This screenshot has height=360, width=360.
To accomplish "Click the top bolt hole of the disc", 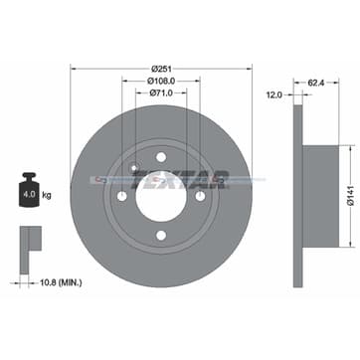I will coord(160,155).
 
